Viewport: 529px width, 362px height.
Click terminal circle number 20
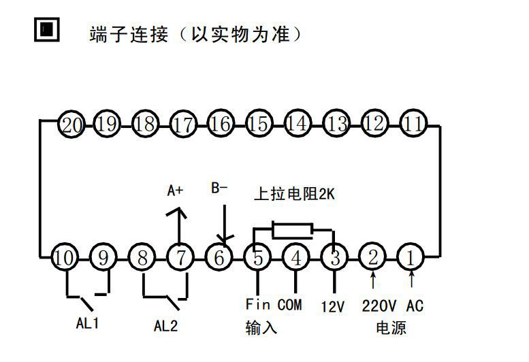point(70,125)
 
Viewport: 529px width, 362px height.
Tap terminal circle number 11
point(413,124)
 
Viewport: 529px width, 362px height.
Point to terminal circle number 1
point(411,257)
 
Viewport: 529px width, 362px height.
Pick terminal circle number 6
point(219,258)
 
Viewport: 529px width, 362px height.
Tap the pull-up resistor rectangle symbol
point(292,231)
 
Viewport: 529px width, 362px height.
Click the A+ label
point(176,191)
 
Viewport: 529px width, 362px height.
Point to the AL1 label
point(87,324)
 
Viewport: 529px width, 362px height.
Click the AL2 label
point(165,325)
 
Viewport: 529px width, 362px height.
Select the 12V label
point(332,307)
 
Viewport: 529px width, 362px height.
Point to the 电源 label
point(391,327)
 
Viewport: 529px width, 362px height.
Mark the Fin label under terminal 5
point(258,305)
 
